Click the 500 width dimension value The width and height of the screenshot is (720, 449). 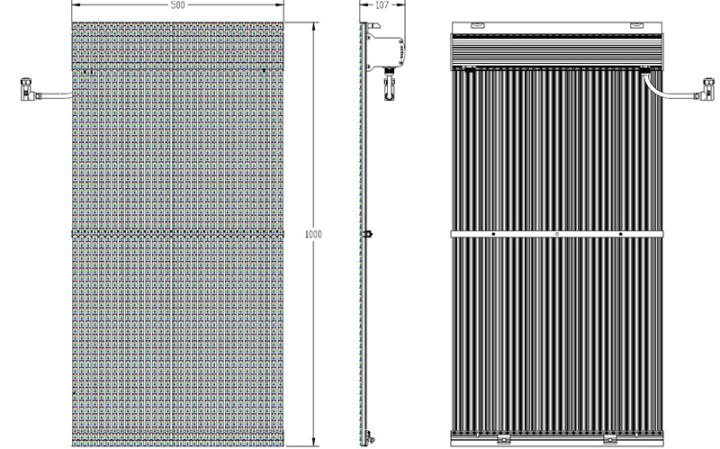(177, 5)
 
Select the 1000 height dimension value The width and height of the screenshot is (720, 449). (313, 234)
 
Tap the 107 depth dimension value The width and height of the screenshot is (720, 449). (382, 5)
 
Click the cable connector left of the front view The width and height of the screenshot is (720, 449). (28, 89)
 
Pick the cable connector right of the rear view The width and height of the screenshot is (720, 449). (707, 89)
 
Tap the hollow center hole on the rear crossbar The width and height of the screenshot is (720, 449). (557, 234)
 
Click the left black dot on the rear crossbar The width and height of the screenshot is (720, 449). (493, 234)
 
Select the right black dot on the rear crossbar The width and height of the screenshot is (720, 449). (621, 234)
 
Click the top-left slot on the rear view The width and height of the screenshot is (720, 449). (477, 25)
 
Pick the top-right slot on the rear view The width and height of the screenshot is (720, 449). (637, 25)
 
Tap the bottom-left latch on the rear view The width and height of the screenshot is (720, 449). (504, 438)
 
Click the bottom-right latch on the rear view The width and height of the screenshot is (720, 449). (610, 438)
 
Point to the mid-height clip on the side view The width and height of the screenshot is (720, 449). (367, 234)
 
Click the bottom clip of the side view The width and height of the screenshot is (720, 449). (367, 434)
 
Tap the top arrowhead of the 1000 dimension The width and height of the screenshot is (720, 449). (313, 26)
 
